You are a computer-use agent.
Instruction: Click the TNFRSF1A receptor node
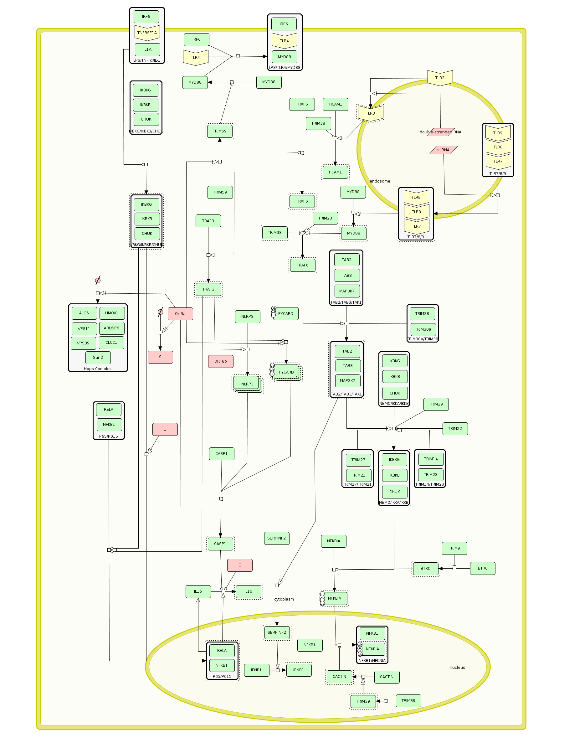click(147, 33)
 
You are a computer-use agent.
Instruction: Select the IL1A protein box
click(147, 49)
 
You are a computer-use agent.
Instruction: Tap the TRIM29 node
click(436, 404)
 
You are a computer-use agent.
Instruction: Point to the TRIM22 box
click(455, 429)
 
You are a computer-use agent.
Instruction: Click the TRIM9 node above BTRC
click(454, 548)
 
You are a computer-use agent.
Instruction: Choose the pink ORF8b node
click(221, 361)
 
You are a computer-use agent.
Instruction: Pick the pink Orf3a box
click(180, 314)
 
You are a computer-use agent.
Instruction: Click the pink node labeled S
click(160, 357)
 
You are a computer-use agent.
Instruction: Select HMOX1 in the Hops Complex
click(112, 313)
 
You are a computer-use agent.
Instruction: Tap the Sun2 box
click(98, 358)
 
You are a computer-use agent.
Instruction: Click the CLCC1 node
click(111, 343)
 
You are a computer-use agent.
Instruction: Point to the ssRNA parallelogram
click(444, 150)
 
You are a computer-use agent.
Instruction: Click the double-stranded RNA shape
click(440, 132)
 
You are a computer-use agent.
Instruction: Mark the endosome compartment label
click(380, 181)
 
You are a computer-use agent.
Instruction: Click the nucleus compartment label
click(457, 668)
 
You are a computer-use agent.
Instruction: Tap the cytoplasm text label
click(284, 599)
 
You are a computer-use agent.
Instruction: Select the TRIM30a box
click(423, 329)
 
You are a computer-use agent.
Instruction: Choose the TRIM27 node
click(358, 460)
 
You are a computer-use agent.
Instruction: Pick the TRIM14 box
click(431, 459)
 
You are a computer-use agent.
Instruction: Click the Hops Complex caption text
click(98, 369)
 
